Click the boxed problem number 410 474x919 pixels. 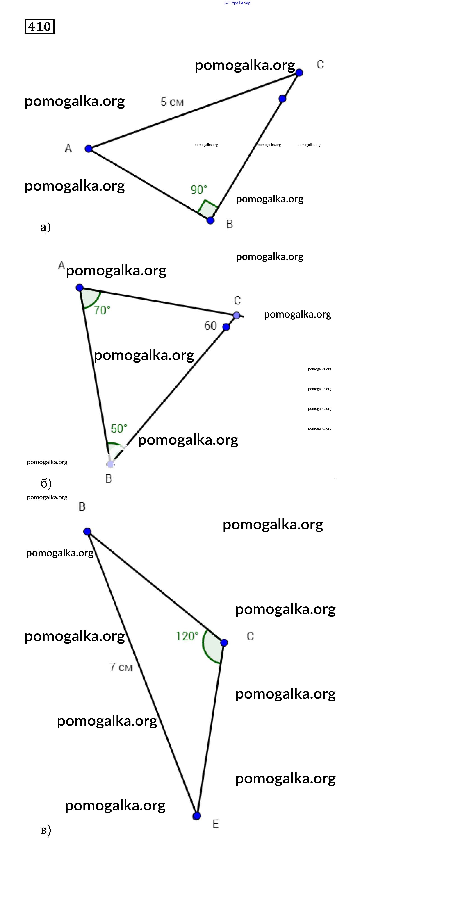click(x=39, y=26)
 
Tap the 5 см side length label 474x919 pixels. click(x=172, y=102)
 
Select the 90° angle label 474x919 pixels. click(x=199, y=189)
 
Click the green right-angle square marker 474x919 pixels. click(x=207, y=209)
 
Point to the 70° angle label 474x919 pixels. click(x=102, y=310)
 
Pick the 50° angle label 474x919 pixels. click(x=119, y=428)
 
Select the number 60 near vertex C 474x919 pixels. click(x=211, y=325)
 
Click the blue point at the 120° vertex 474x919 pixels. click(x=224, y=642)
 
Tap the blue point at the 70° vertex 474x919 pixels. click(x=80, y=288)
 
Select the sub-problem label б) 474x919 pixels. click(x=46, y=483)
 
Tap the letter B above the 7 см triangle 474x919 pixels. click(x=82, y=507)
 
